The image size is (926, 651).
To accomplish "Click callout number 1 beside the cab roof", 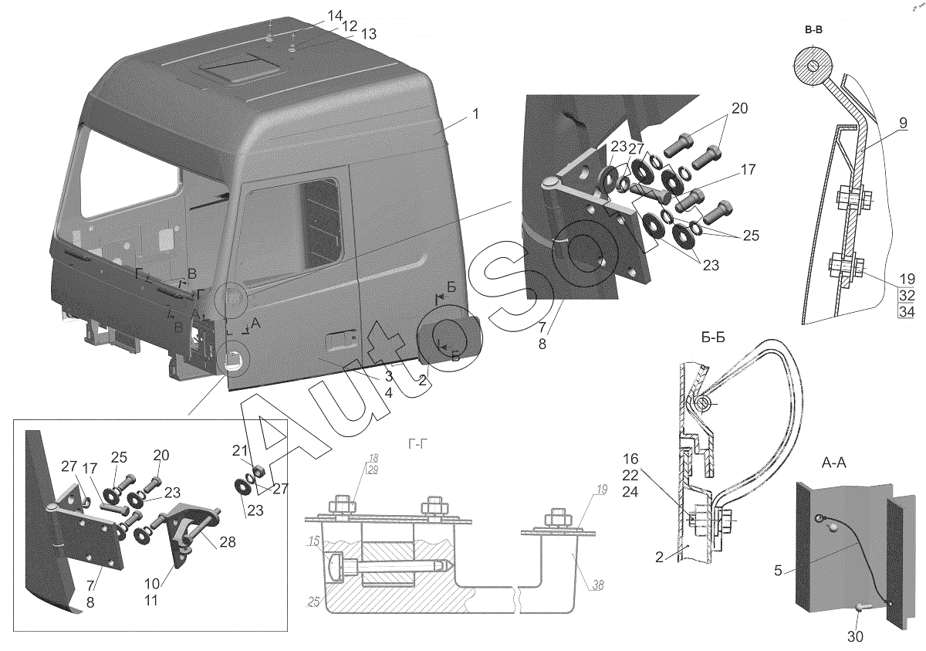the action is pos(476,114).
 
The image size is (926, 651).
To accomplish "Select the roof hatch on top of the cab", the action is pos(232,70).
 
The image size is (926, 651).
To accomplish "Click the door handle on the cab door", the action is pos(340,339).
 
